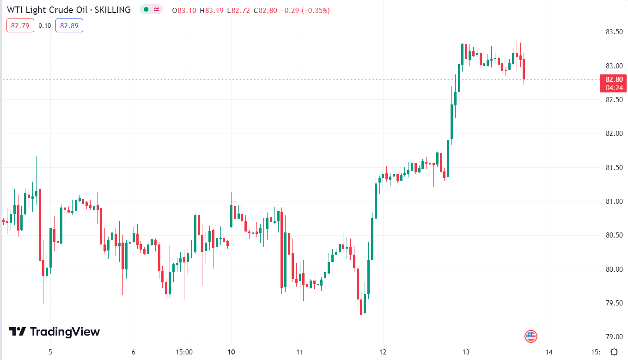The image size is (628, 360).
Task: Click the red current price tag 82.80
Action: pyautogui.click(x=613, y=79)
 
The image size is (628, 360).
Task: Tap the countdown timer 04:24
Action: pyautogui.click(x=613, y=87)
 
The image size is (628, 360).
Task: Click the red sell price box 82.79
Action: pyautogui.click(x=20, y=25)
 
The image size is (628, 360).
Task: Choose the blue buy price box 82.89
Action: pyautogui.click(x=69, y=25)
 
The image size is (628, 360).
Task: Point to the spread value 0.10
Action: pyautogui.click(x=45, y=25)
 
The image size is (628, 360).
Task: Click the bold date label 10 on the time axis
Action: pyautogui.click(x=232, y=352)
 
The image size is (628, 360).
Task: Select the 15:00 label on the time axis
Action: pyautogui.click(x=184, y=352)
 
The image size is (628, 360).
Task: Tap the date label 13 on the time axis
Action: pyautogui.click(x=466, y=352)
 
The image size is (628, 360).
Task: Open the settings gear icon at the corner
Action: pyautogui.click(x=614, y=352)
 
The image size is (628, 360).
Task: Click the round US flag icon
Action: pyautogui.click(x=531, y=336)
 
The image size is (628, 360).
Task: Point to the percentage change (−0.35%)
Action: pyautogui.click(x=316, y=10)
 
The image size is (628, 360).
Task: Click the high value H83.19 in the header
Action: pyautogui.click(x=210, y=10)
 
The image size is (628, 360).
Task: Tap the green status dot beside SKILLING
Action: pyautogui.click(x=146, y=10)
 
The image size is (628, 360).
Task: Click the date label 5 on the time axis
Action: pyautogui.click(x=50, y=352)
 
